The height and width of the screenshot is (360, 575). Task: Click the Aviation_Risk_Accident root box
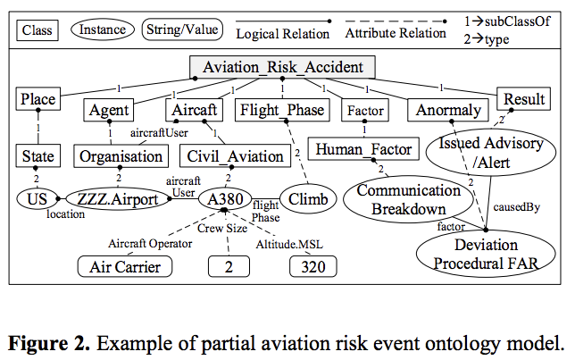[283, 68]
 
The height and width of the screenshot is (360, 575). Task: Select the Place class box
[37, 98]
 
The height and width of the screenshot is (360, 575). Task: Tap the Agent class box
[110, 111]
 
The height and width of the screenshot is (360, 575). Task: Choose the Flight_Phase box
[280, 111]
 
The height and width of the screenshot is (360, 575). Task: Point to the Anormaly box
[447, 111]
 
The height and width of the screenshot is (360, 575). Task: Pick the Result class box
[523, 98]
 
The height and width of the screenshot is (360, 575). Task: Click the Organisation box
[120, 155]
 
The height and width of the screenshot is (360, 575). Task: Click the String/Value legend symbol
[181, 30]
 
